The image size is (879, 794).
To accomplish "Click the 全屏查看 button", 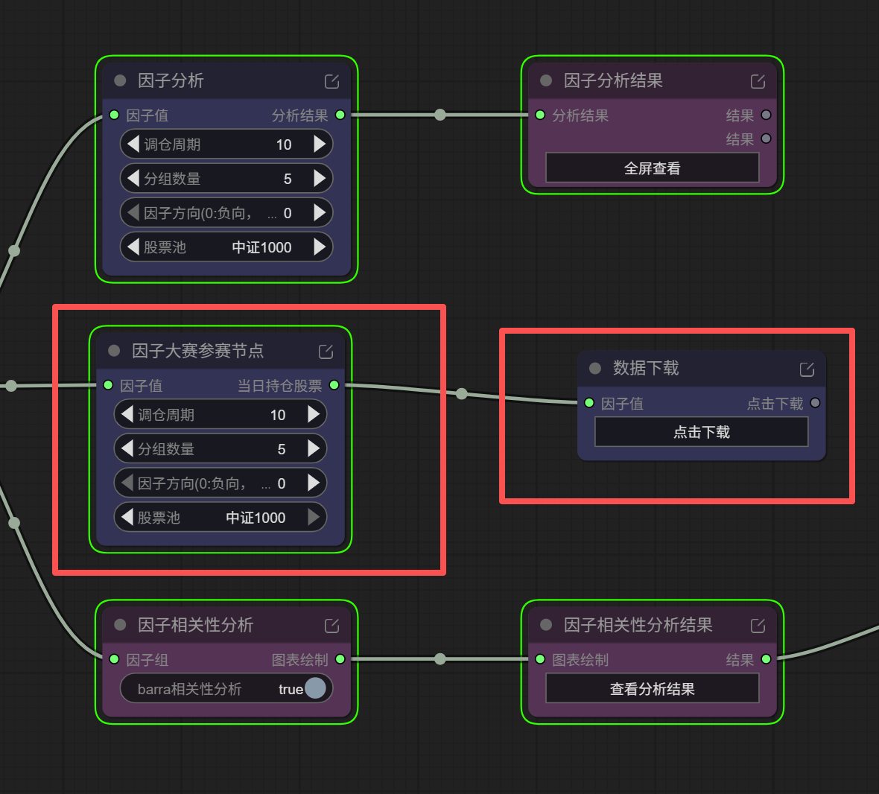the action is [x=652, y=168].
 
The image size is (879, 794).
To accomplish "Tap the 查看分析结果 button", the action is [x=652, y=689].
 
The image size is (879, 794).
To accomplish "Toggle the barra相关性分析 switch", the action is [x=315, y=688].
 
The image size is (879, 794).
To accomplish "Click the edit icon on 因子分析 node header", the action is [x=332, y=81].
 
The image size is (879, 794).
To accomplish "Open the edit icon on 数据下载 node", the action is [x=807, y=369].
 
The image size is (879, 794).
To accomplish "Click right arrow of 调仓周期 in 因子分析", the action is [x=320, y=144].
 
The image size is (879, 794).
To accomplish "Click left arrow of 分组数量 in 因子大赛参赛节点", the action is [x=127, y=448].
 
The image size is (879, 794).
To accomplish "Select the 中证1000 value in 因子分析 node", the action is [x=261, y=247].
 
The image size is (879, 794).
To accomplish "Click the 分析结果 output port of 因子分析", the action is [x=340, y=115].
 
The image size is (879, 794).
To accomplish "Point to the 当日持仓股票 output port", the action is [x=334, y=385].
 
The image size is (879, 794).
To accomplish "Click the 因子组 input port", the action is [x=115, y=659].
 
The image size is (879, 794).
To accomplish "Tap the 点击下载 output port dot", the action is [x=815, y=403].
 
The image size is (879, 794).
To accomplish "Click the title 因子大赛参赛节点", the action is [x=198, y=351].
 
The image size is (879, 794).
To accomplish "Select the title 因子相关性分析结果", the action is [x=638, y=625].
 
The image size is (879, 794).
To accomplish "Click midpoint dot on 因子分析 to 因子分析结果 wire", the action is [x=440, y=115].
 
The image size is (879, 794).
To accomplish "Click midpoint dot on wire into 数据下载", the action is [x=461, y=394].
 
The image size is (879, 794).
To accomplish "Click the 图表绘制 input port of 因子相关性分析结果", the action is [x=540, y=659].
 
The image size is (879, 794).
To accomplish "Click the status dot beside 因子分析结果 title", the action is [x=546, y=80].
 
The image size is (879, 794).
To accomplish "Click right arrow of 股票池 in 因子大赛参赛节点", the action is [x=314, y=517].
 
